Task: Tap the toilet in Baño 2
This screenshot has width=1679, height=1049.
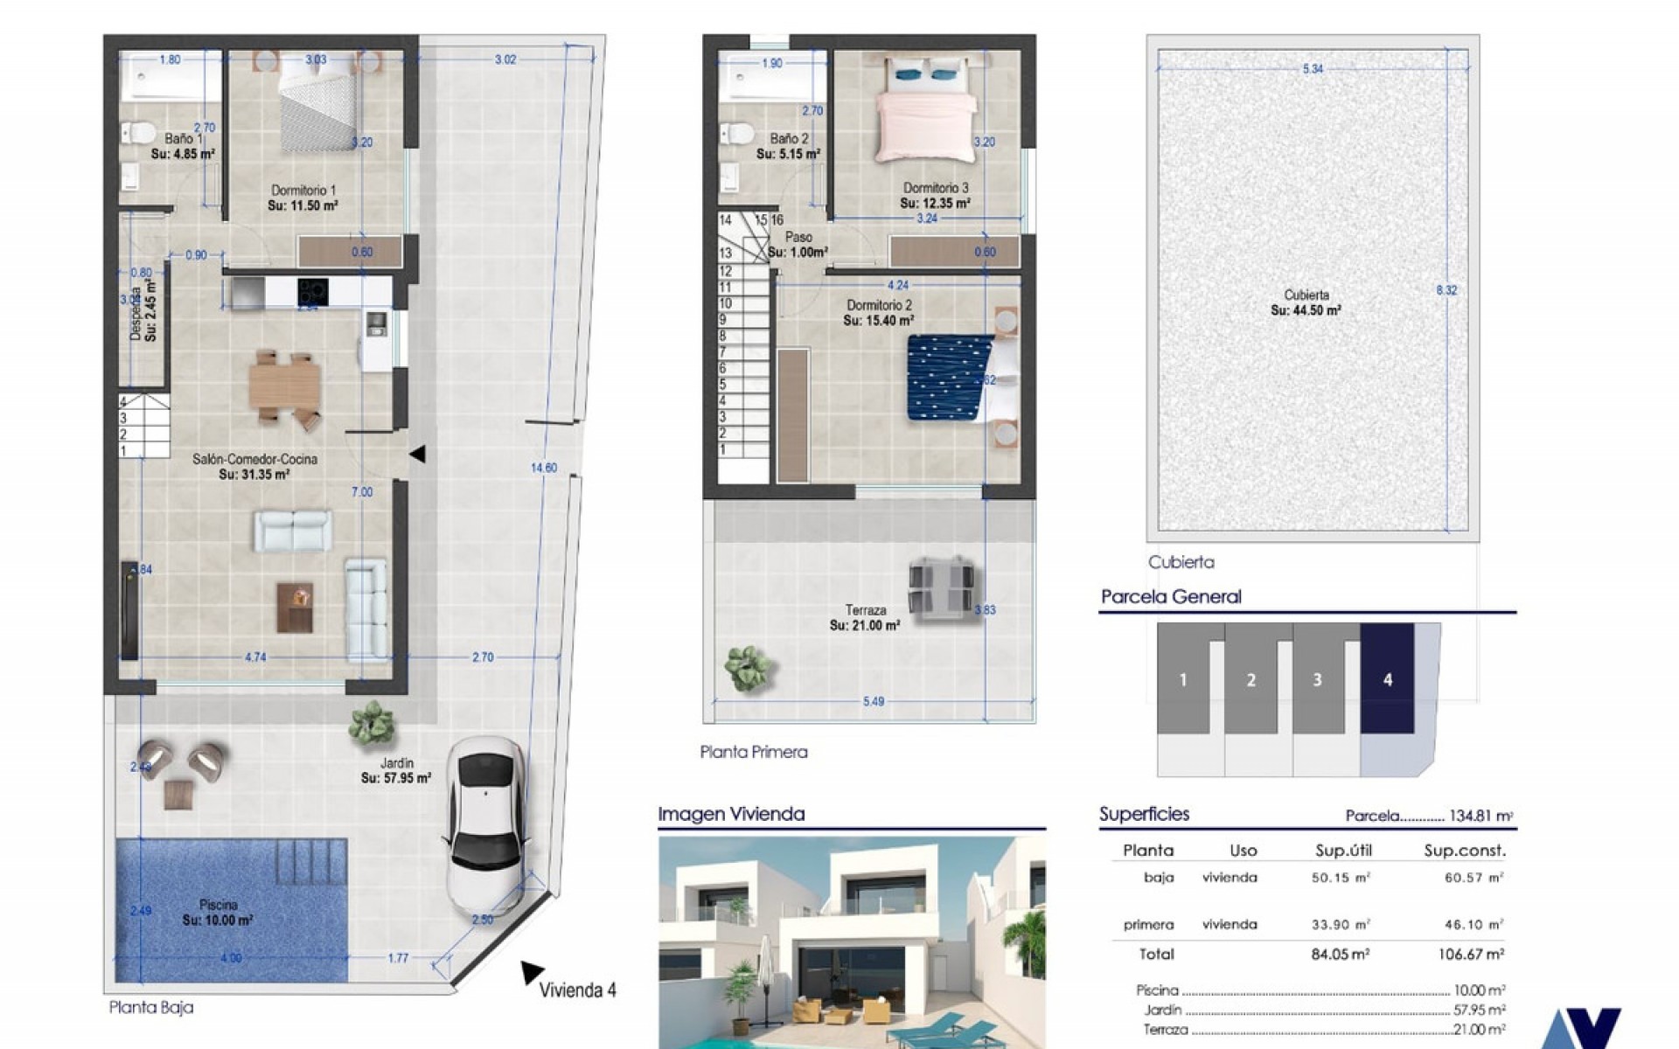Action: pyautogui.click(x=735, y=135)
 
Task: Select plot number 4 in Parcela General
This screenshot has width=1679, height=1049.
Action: pyautogui.click(x=1387, y=679)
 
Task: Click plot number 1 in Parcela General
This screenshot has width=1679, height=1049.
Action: pyautogui.click(x=1183, y=679)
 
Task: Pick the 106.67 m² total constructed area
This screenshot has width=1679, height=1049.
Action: pyautogui.click(x=1471, y=955)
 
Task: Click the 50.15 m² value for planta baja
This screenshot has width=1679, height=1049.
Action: pyautogui.click(x=1340, y=878)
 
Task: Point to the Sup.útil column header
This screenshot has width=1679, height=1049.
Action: pyautogui.click(x=1343, y=851)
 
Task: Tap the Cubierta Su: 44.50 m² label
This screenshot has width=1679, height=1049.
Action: pyautogui.click(x=1306, y=302)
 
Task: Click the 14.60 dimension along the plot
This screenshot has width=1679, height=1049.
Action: pyautogui.click(x=544, y=468)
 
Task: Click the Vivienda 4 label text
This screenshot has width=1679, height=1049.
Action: pyautogui.click(x=577, y=990)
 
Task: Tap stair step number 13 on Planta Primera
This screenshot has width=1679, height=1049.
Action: pyautogui.click(x=725, y=253)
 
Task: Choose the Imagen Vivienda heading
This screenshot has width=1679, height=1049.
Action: pyautogui.click(x=731, y=814)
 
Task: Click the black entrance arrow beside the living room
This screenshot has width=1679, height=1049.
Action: pyautogui.click(x=418, y=454)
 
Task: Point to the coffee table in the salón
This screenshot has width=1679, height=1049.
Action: pyautogui.click(x=295, y=607)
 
